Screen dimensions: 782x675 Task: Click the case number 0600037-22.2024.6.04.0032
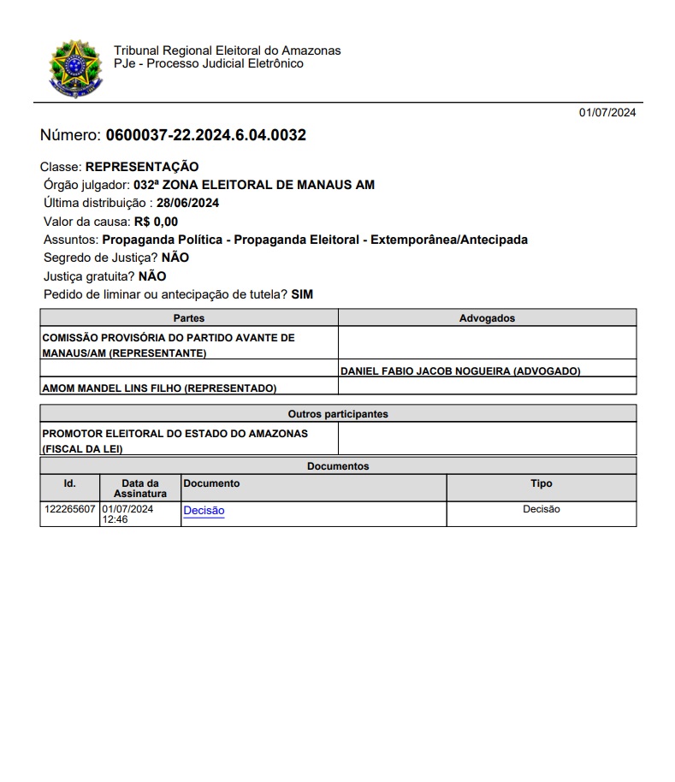click(x=205, y=135)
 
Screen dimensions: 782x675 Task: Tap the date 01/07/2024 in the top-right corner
click(x=607, y=112)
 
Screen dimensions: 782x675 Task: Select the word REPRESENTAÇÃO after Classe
click(x=142, y=167)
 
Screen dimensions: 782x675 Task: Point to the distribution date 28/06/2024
click(x=188, y=204)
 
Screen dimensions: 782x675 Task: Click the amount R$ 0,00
click(x=156, y=222)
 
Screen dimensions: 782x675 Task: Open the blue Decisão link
click(x=204, y=511)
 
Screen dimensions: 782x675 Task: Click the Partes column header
click(x=189, y=318)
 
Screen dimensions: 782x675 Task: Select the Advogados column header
click(x=487, y=318)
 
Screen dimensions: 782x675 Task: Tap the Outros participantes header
click(x=338, y=414)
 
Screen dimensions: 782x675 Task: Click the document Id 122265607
click(x=70, y=509)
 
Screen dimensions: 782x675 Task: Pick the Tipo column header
click(x=541, y=483)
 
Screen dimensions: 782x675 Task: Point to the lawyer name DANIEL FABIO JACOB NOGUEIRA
click(x=460, y=371)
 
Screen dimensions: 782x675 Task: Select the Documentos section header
click(x=338, y=466)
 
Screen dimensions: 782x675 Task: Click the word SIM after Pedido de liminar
click(x=302, y=294)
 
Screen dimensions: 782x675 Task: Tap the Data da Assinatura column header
click(x=140, y=489)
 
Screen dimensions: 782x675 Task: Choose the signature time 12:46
click(x=115, y=519)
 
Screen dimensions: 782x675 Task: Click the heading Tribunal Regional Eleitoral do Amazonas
click(x=227, y=50)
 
